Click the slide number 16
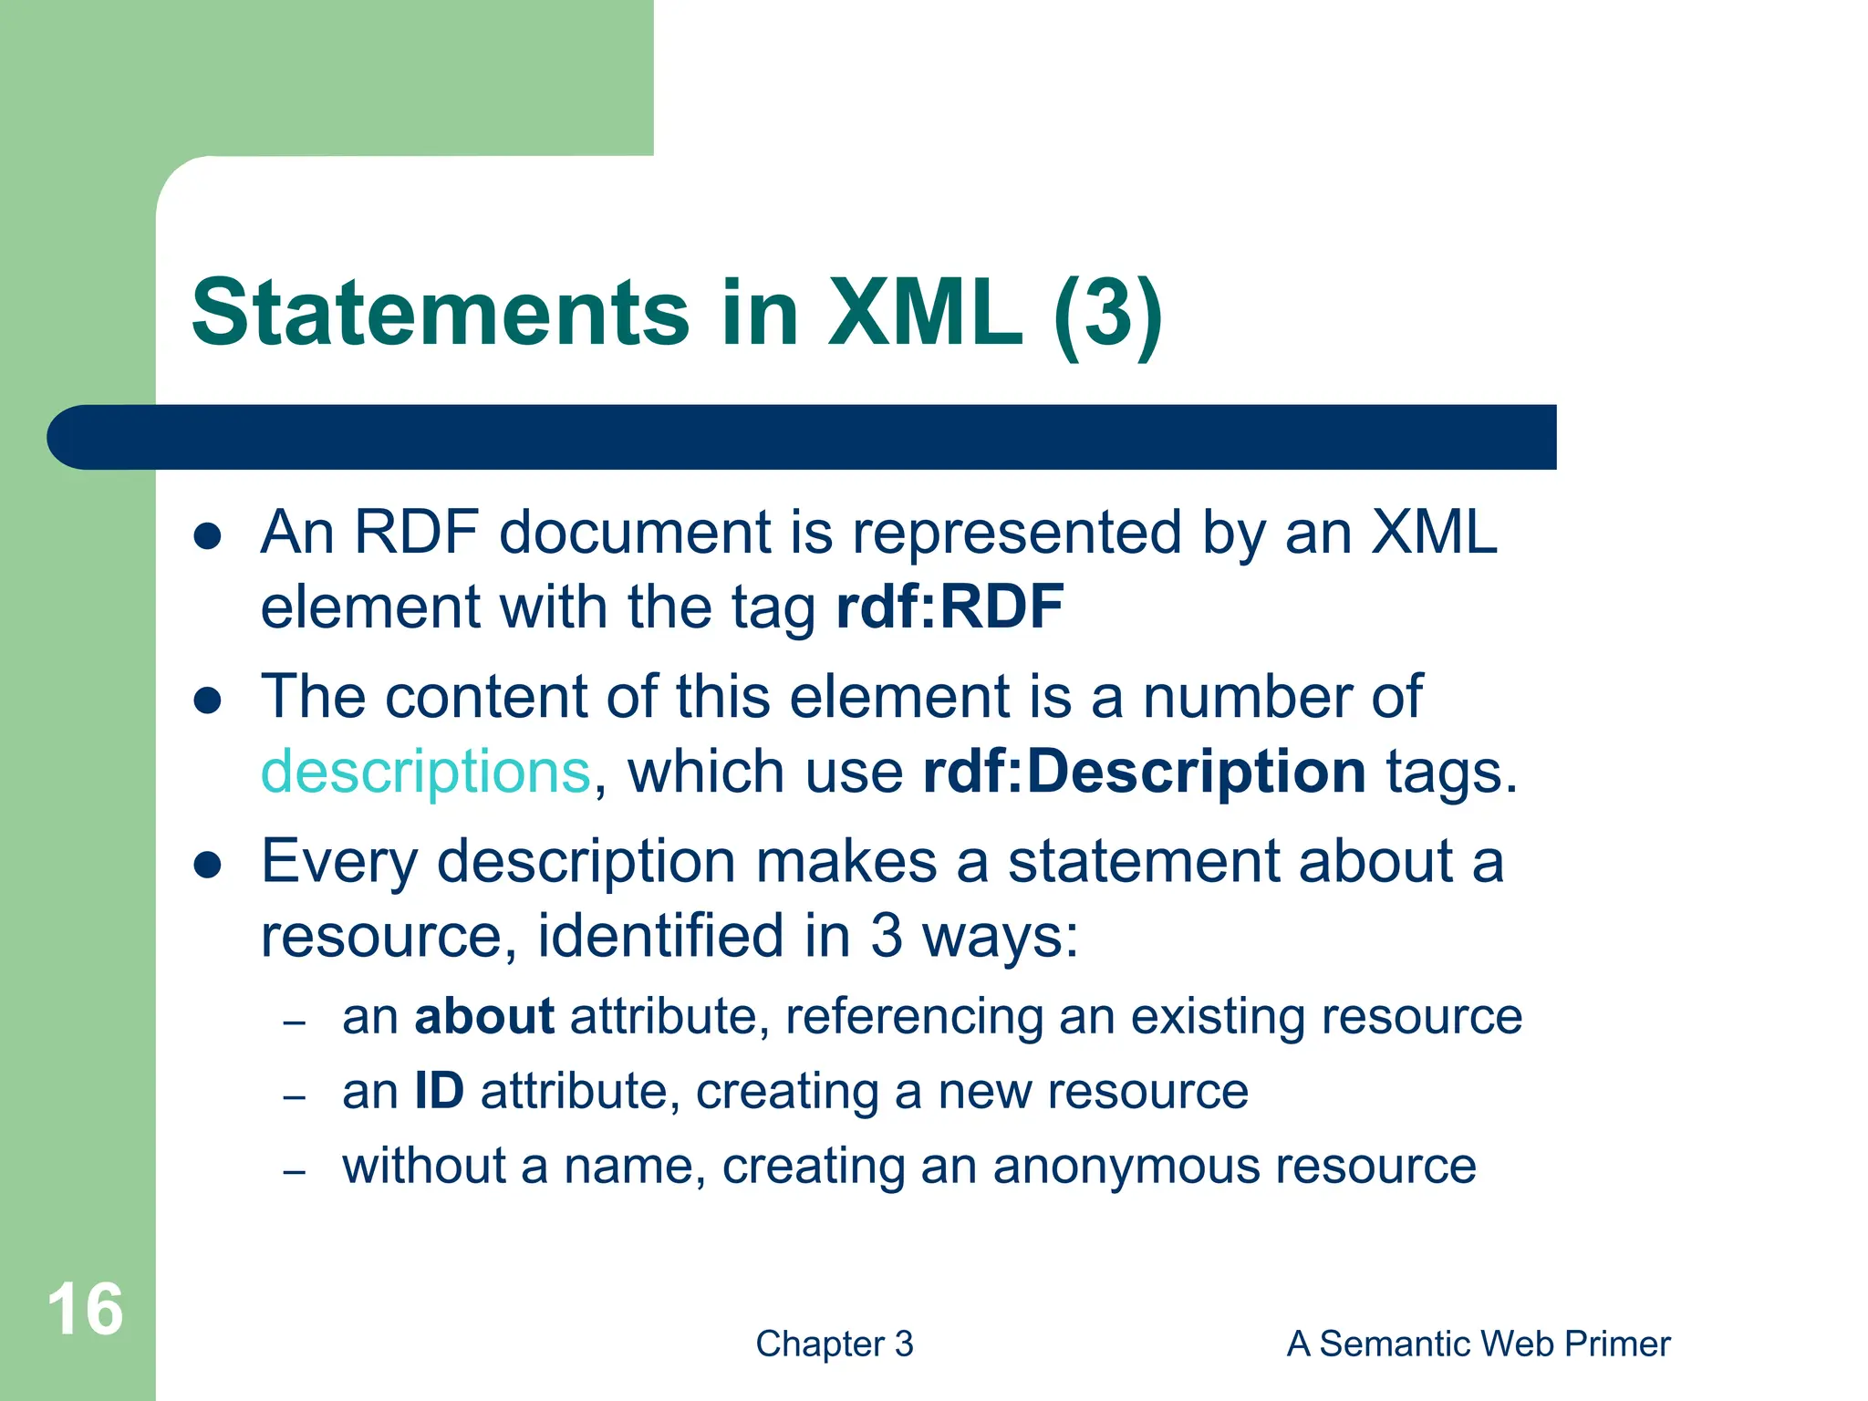(85, 1310)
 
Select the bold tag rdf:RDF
(950, 607)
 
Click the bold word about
(483, 1016)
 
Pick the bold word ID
(439, 1091)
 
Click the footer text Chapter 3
(834, 1344)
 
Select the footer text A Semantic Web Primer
(1478, 1344)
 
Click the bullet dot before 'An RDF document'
(208, 536)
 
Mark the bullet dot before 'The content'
(208, 700)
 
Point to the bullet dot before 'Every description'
(208, 866)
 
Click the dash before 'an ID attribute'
(294, 1097)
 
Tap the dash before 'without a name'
(294, 1172)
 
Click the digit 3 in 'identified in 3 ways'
(887, 937)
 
